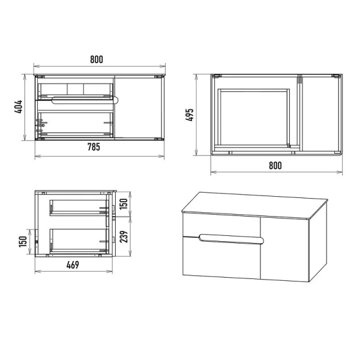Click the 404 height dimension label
(x=19, y=107)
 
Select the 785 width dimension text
(x=94, y=147)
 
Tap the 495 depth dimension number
(x=190, y=115)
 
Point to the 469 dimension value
(x=73, y=265)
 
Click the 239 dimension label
(x=124, y=237)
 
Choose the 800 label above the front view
(x=97, y=59)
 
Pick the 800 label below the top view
(x=275, y=166)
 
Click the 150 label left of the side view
(x=23, y=242)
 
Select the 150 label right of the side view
(x=124, y=204)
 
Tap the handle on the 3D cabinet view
(x=232, y=239)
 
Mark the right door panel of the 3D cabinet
(x=284, y=250)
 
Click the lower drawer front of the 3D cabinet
(x=221, y=258)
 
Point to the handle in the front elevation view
(x=85, y=100)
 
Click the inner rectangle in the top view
(x=254, y=118)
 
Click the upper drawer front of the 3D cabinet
(x=221, y=224)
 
